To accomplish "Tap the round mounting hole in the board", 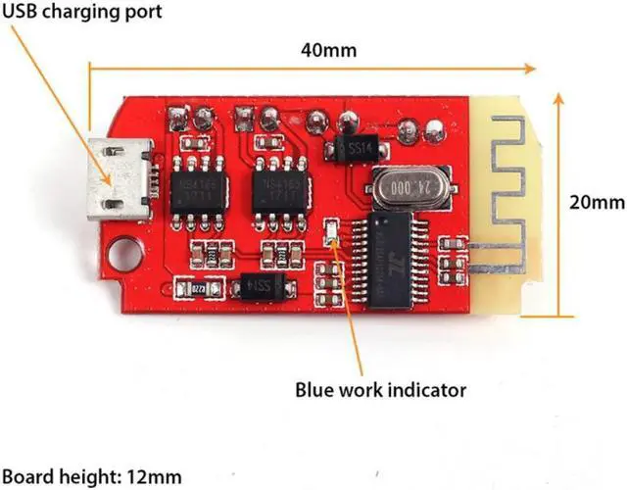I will coord(125,254).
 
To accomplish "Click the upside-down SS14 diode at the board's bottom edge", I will coord(260,287).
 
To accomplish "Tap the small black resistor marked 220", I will coord(195,289).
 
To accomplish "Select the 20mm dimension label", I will coord(596,203).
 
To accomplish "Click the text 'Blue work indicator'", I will coord(381,390).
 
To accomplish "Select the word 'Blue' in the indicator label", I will coord(316,390).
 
